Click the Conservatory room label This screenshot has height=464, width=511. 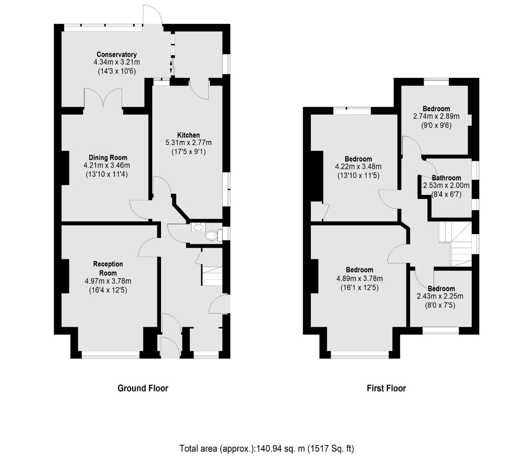(x=117, y=54)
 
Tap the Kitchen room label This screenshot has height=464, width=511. (x=189, y=135)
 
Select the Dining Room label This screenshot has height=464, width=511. (x=108, y=157)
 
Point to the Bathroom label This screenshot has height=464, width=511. (x=446, y=178)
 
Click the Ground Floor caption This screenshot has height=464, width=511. (x=142, y=388)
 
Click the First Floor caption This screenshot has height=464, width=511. (x=386, y=388)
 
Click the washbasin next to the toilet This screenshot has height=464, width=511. (x=198, y=227)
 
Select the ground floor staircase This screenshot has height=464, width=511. (x=212, y=276)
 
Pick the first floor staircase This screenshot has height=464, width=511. (x=455, y=244)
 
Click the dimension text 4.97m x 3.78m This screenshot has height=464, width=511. (x=108, y=281)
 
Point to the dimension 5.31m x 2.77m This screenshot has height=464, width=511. (x=188, y=143)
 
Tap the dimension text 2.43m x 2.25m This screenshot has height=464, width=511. (x=440, y=296)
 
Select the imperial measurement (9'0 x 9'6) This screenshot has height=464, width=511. (x=436, y=125)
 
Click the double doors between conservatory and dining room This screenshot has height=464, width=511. (x=103, y=98)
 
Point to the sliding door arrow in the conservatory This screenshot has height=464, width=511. (x=171, y=67)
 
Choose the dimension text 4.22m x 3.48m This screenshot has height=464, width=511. (x=358, y=167)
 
